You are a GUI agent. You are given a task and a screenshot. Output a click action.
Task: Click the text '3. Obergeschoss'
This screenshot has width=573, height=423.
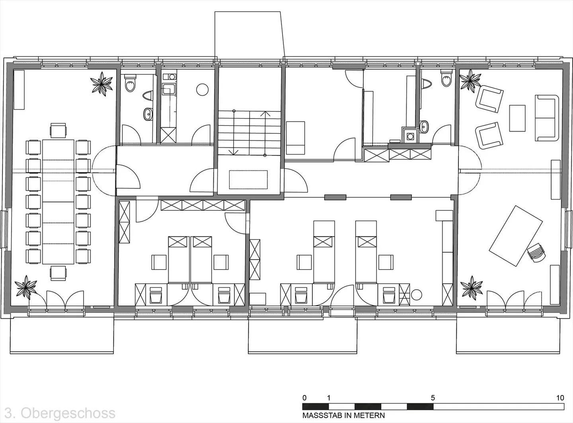point(60,413)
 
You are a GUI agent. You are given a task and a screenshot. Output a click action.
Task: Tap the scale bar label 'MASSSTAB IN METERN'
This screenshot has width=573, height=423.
point(343,415)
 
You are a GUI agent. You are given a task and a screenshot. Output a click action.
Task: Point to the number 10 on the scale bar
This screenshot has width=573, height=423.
point(560,398)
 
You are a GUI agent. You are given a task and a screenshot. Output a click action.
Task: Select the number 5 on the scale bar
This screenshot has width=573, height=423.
point(433,398)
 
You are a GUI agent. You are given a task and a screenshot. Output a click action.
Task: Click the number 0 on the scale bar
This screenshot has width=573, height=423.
point(304,398)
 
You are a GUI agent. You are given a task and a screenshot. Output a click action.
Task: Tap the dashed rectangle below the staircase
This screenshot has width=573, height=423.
point(248,179)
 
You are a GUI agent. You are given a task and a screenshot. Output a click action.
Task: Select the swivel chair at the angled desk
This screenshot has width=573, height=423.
point(536,252)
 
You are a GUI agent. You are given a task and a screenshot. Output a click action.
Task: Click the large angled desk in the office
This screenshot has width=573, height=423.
point(516,236)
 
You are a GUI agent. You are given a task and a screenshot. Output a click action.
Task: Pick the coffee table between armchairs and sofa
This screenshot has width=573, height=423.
point(517,118)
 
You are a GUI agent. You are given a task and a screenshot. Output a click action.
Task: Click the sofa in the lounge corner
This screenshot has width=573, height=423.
point(547,118)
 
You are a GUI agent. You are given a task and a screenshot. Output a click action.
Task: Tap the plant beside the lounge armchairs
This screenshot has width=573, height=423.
point(470,81)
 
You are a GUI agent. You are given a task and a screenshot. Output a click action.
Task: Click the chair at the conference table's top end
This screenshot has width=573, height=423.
point(58,131)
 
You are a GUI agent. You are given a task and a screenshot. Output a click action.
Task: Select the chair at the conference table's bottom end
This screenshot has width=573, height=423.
point(58,273)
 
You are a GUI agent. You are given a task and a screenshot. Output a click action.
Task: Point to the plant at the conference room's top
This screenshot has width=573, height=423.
point(101,84)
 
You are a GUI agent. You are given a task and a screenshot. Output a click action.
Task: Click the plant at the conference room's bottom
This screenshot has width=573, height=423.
point(25,287)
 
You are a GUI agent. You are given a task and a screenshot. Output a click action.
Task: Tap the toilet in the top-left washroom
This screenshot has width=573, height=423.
point(130,83)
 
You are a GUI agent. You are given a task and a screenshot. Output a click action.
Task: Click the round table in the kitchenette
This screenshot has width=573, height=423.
point(202,90)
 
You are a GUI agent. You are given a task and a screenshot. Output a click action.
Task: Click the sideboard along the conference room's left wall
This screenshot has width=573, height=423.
point(19,90)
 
